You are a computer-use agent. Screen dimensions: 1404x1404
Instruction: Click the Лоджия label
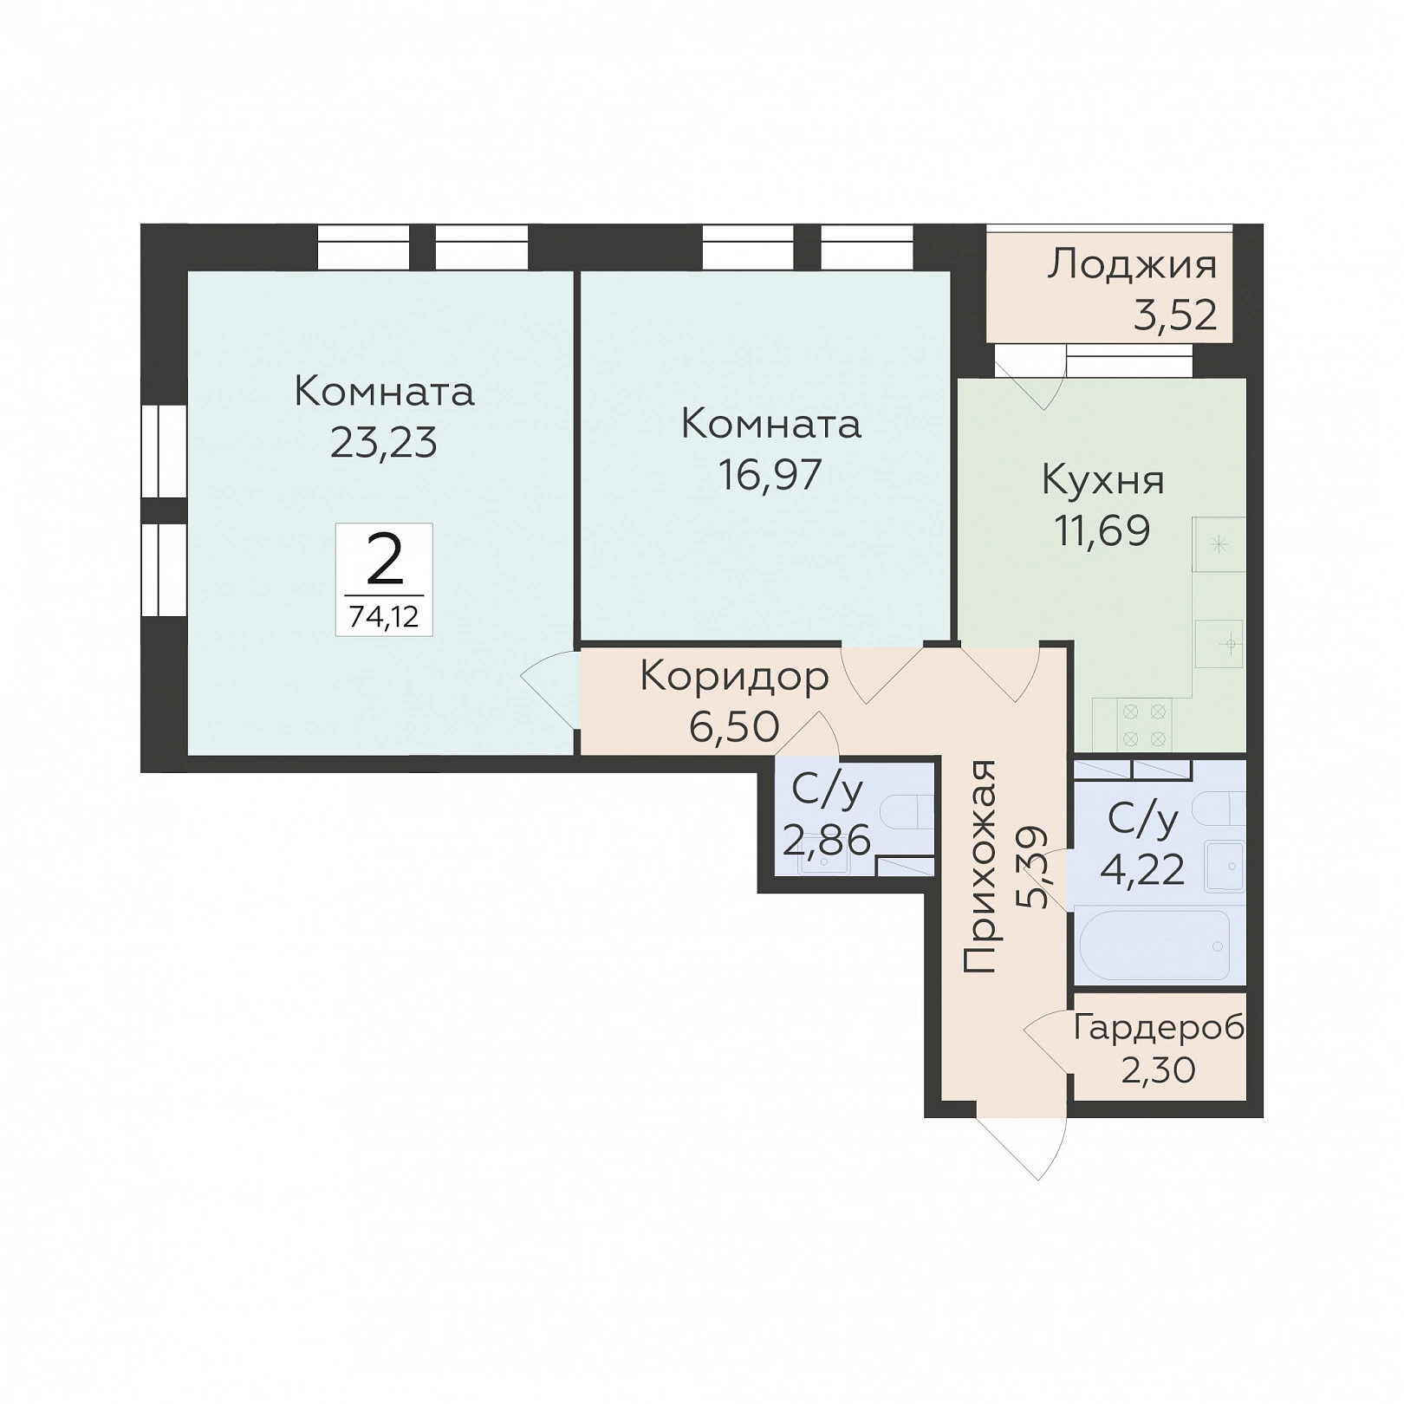click(1132, 265)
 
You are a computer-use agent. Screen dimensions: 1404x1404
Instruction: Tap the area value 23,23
click(384, 443)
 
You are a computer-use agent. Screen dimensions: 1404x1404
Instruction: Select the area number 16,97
click(770, 475)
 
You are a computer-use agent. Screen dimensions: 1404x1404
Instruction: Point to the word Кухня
click(1102, 480)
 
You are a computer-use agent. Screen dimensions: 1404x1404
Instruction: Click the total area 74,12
click(384, 617)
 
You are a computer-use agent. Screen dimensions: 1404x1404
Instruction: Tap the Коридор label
click(734, 678)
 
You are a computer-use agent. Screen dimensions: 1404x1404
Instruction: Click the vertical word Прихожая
click(980, 867)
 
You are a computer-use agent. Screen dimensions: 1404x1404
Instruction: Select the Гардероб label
click(1160, 1029)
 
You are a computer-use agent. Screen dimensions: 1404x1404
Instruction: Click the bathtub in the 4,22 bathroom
click(1152, 945)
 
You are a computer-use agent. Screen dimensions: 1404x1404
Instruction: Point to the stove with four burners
click(1143, 725)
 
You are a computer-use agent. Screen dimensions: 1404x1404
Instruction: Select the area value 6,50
click(735, 727)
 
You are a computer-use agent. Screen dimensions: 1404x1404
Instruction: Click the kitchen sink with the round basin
click(1219, 644)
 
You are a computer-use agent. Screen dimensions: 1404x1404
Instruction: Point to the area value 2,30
click(1159, 1071)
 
